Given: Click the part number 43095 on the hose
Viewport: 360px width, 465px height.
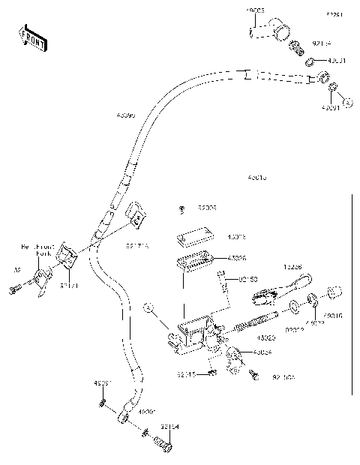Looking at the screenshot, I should tap(127, 115).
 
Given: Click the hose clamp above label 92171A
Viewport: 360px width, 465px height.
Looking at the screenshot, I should tap(135, 215).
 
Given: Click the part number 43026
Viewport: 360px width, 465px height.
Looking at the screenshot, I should tap(238, 258).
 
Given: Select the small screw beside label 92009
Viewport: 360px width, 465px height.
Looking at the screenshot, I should tap(183, 208).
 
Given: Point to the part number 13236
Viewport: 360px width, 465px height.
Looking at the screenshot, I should tap(293, 266).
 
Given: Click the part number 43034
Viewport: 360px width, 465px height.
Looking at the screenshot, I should tap(262, 352).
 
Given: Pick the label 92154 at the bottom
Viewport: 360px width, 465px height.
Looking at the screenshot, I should tap(169, 427).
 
